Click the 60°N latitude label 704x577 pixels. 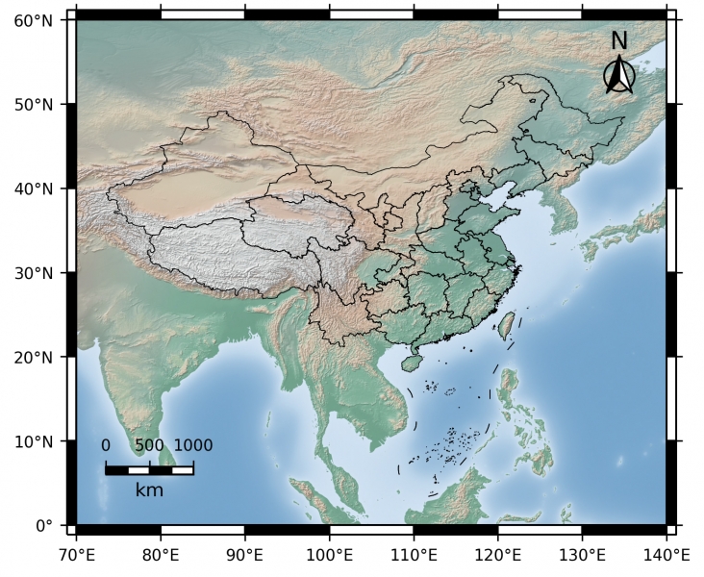pos(33,19)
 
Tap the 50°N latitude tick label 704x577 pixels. pos(33,104)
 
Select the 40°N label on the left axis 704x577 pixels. pos(33,188)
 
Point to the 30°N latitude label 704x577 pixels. pos(33,273)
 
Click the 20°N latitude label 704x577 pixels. pos(33,358)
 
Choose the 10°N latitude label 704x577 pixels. pos(33,442)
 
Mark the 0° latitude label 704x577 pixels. pos(44,526)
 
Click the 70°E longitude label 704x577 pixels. pos(77,555)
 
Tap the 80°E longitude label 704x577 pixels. pos(161,555)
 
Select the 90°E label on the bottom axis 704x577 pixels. pos(245,555)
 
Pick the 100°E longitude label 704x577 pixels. pos(329,555)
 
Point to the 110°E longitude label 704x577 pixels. pos(414,555)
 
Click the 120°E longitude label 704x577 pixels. pos(497,555)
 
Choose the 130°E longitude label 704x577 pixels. pos(582,555)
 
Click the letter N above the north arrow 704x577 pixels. pos(619,41)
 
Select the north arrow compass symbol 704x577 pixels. pos(619,76)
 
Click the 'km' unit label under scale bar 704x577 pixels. pos(149,490)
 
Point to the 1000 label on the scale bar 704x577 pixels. pos(193,445)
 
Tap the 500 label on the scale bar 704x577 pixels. pos(149,445)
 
